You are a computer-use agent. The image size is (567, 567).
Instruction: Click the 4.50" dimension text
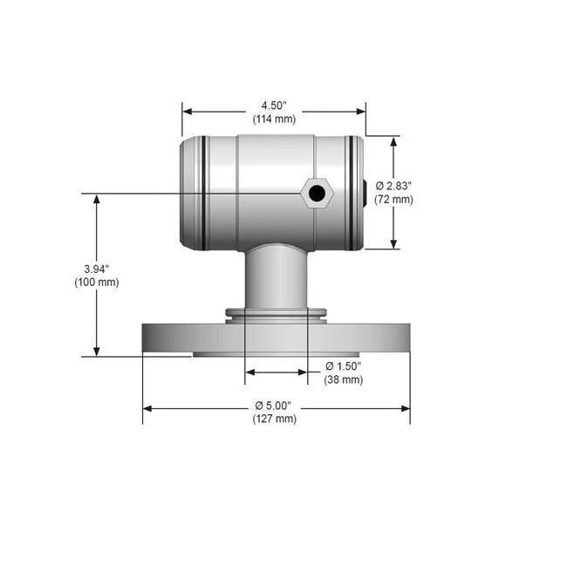tap(274, 106)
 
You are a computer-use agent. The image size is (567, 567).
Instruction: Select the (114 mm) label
tap(274, 119)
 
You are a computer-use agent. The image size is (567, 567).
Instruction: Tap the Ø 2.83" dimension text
tap(393, 186)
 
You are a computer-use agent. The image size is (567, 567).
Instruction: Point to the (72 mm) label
tap(393, 200)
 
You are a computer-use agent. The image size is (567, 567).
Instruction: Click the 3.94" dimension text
tap(96, 268)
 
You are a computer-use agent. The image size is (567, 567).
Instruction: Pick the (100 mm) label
tap(96, 282)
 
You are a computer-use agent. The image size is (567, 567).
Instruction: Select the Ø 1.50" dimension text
tap(343, 366)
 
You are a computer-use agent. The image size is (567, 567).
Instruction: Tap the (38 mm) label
tap(343, 380)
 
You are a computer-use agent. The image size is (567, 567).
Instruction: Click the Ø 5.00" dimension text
tap(274, 406)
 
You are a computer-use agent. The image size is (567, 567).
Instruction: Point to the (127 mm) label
tap(274, 420)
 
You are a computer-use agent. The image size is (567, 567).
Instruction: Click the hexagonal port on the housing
tap(317, 193)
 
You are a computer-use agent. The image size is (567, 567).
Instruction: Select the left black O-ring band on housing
tap(202, 193)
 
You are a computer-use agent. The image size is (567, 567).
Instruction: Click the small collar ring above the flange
tap(276, 312)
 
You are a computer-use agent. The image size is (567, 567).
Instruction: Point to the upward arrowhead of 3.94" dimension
tap(96, 200)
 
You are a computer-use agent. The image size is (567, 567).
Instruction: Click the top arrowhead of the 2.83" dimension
tap(393, 142)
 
